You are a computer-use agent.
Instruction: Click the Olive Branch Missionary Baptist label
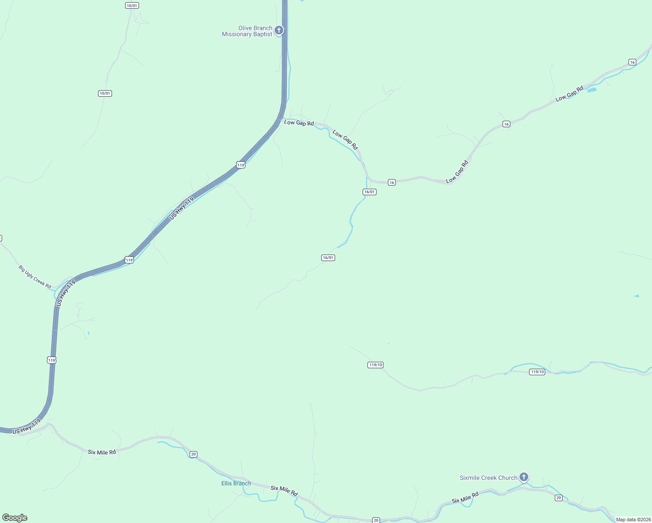tap(247, 31)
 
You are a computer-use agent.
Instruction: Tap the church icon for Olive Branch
tap(279, 31)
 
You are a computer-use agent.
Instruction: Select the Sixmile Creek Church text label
tap(488, 478)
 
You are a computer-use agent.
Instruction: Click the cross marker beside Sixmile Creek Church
tap(524, 477)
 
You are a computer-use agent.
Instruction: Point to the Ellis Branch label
tap(236, 483)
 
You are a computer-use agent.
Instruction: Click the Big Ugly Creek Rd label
tap(35, 277)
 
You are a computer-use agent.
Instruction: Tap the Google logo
tap(15, 518)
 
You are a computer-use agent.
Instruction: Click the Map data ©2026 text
tap(633, 520)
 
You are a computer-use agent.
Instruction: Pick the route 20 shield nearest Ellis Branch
tap(194, 454)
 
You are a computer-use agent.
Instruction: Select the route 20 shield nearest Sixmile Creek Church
tap(559, 498)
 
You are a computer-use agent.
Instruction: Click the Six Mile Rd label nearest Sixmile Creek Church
tap(465, 497)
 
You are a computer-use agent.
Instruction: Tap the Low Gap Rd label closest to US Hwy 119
tap(299, 123)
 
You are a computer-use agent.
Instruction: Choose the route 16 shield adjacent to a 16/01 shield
tap(392, 183)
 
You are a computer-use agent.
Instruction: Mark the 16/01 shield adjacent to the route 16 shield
tap(369, 192)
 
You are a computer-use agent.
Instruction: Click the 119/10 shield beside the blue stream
tap(537, 372)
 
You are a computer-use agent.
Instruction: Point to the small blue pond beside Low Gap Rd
tap(592, 90)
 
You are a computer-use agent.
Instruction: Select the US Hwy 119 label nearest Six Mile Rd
tap(27, 427)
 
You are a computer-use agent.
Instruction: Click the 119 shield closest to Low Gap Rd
tap(241, 165)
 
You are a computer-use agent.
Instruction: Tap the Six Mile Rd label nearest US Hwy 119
tap(102, 452)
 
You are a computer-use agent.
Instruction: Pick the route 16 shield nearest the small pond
tap(632, 62)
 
